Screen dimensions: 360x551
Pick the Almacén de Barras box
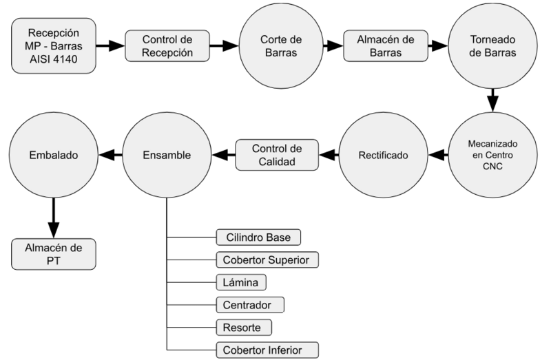tap(386, 46)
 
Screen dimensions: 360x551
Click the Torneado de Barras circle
tap(492, 46)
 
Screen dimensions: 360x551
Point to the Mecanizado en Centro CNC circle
tap(492, 156)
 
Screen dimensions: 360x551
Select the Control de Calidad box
tap(278, 155)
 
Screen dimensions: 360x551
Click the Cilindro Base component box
tap(258, 238)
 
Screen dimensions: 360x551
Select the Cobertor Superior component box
tap(267, 260)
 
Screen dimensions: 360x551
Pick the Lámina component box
tap(240, 282)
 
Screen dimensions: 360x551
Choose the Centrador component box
tap(249, 304)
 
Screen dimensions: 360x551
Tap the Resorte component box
tap(243, 326)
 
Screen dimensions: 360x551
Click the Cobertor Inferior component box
tap(267, 348)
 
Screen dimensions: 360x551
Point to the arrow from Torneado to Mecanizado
tap(492, 100)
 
